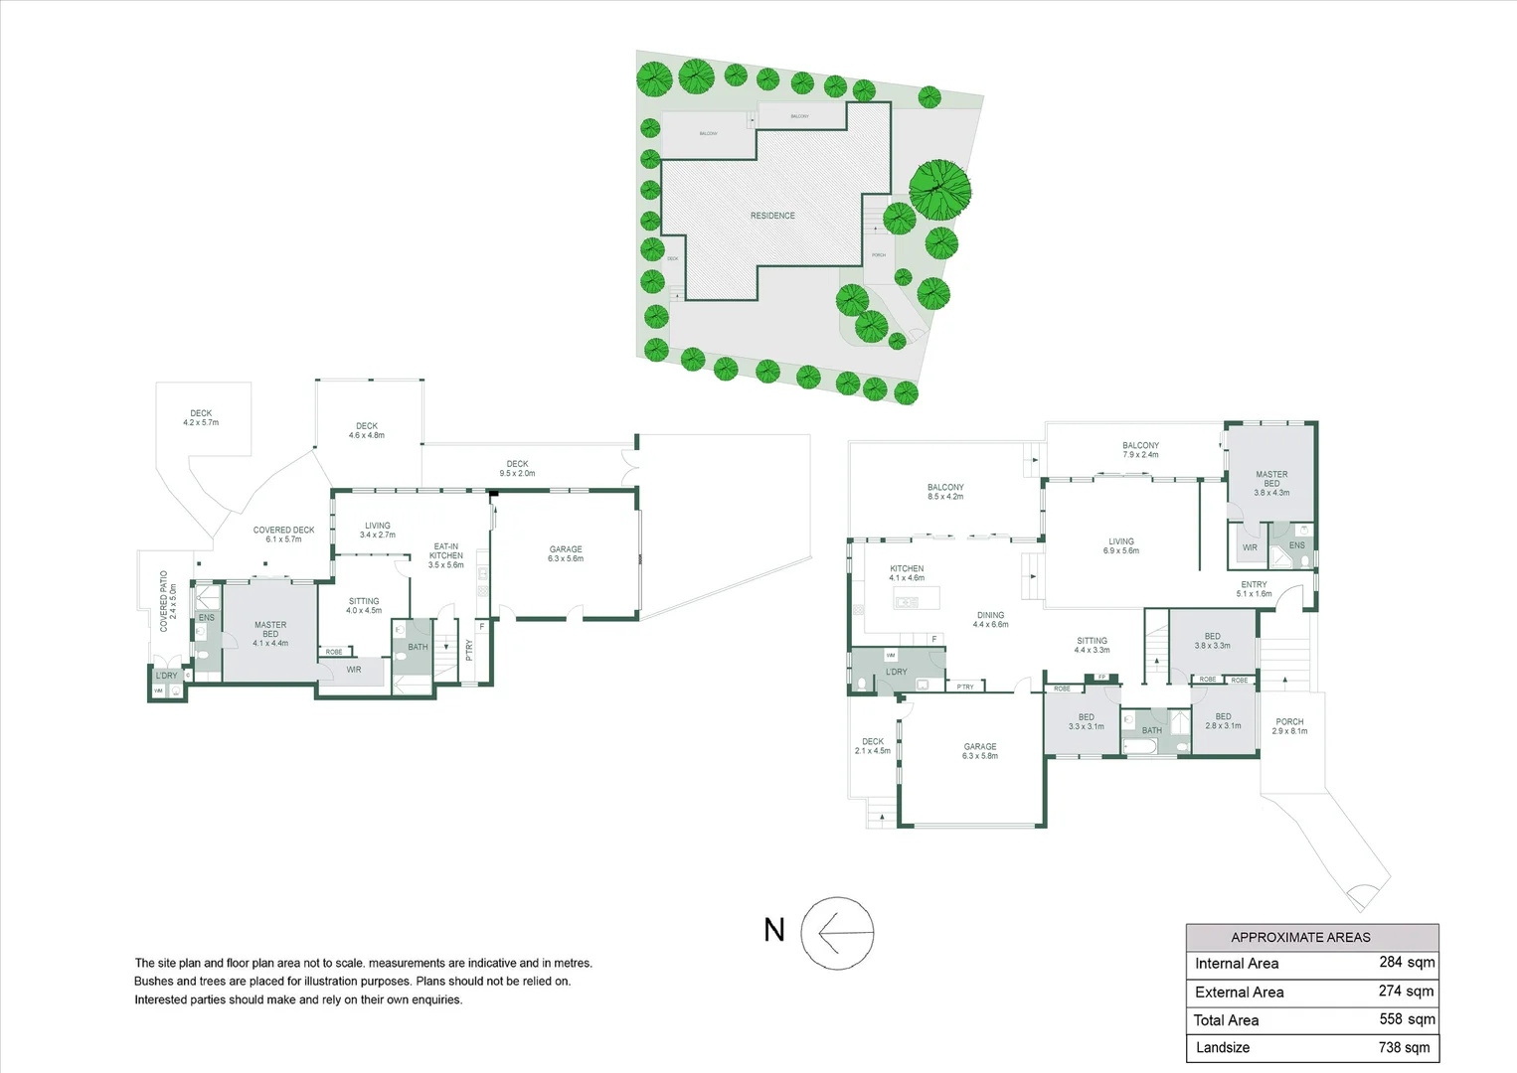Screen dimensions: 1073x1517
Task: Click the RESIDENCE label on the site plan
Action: pyautogui.click(x=772, y=216)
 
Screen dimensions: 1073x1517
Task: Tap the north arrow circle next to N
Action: pyautogui.click(x=837, y=934)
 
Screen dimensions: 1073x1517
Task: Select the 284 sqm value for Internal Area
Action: pyautogui.click(x=1407, y=962)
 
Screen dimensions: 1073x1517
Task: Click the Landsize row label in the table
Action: pyautogui.click(x=1223, y=1047)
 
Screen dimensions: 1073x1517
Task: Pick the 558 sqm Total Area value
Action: pyautogui.click(x=1407, y=1019)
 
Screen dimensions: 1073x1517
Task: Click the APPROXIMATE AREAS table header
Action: pyautogui.click(x=1300, y=937)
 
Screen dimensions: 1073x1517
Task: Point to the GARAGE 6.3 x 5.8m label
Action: pyautogui.click(x=979, y=751)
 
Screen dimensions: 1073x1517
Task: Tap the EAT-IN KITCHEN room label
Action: pyautogui.click(x=446, y=555)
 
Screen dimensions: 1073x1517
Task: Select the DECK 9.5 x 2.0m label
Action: pyautogui.click(x=517, y=468)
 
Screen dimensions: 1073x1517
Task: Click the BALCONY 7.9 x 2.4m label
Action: pyautogui.click(x=1140, y=450)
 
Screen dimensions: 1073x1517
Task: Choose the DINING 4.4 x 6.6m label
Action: pyautogui.click(x=990, y=620)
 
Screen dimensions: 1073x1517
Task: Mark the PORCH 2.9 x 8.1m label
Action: pyautogui.click(x=1289, y=726)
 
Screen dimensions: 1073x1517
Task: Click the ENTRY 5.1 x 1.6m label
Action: pyautogui.click(x=1254, y=589)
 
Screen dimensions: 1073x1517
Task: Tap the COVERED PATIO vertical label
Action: pyautogui.click(x=168, y=600)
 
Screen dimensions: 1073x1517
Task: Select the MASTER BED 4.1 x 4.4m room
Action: pyautogui.click(x=270, y=634)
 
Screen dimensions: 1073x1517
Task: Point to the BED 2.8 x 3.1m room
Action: pyautogui.click(x=1223, y=720)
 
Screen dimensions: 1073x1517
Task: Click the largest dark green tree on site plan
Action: pyautogui.click(x=940, y=189)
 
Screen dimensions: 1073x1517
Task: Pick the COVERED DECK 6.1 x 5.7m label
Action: pyautogui.click(x=283, y=535)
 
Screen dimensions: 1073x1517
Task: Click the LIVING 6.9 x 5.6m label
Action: pyautogui.click(x=1120, y=545)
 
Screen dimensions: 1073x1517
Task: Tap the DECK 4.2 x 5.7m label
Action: pyautogui.click(x=201, y=417)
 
